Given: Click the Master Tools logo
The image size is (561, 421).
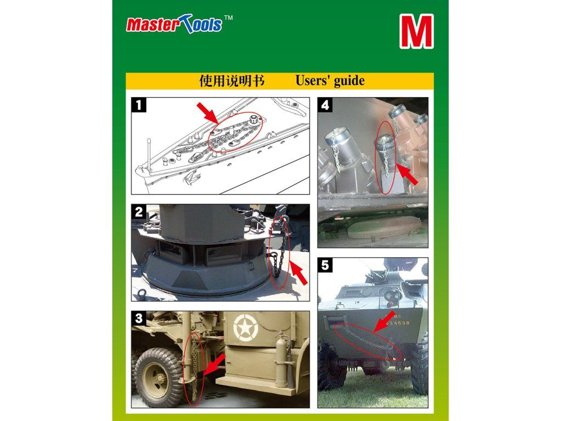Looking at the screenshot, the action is pyautogui.click(x=174, y=24).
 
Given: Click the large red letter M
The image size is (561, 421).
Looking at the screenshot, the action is pyautogui.click(x=416, y=31).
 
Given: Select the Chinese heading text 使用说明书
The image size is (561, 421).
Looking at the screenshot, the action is pyautogui.click(x=232, y=81).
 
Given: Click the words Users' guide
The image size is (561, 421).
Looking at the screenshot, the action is pyautogui.click(x=330, y=81).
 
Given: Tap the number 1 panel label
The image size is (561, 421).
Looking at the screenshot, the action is pyautogui.click(x=139, y=105).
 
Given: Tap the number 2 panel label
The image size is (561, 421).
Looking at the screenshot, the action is pyautogui.click(x=139, y=212).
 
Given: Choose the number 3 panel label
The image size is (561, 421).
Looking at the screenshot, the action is pyautogui.click(x=139, y=318).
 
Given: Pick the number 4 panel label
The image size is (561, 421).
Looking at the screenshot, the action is pyautogui.click(x=325, y=105).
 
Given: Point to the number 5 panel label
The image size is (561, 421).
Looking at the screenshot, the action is pyautogui.click(x=325, y=265).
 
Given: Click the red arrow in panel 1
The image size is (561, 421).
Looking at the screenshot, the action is pyautogui.click(x=208, y=113).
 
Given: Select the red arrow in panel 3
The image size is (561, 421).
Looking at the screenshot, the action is pyautogui.click(x=215, y=364).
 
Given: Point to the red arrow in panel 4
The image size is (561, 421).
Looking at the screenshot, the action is pyautogui.click(x=408, y=175).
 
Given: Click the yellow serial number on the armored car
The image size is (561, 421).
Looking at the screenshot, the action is pyautogui.click(x=399, y=323).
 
